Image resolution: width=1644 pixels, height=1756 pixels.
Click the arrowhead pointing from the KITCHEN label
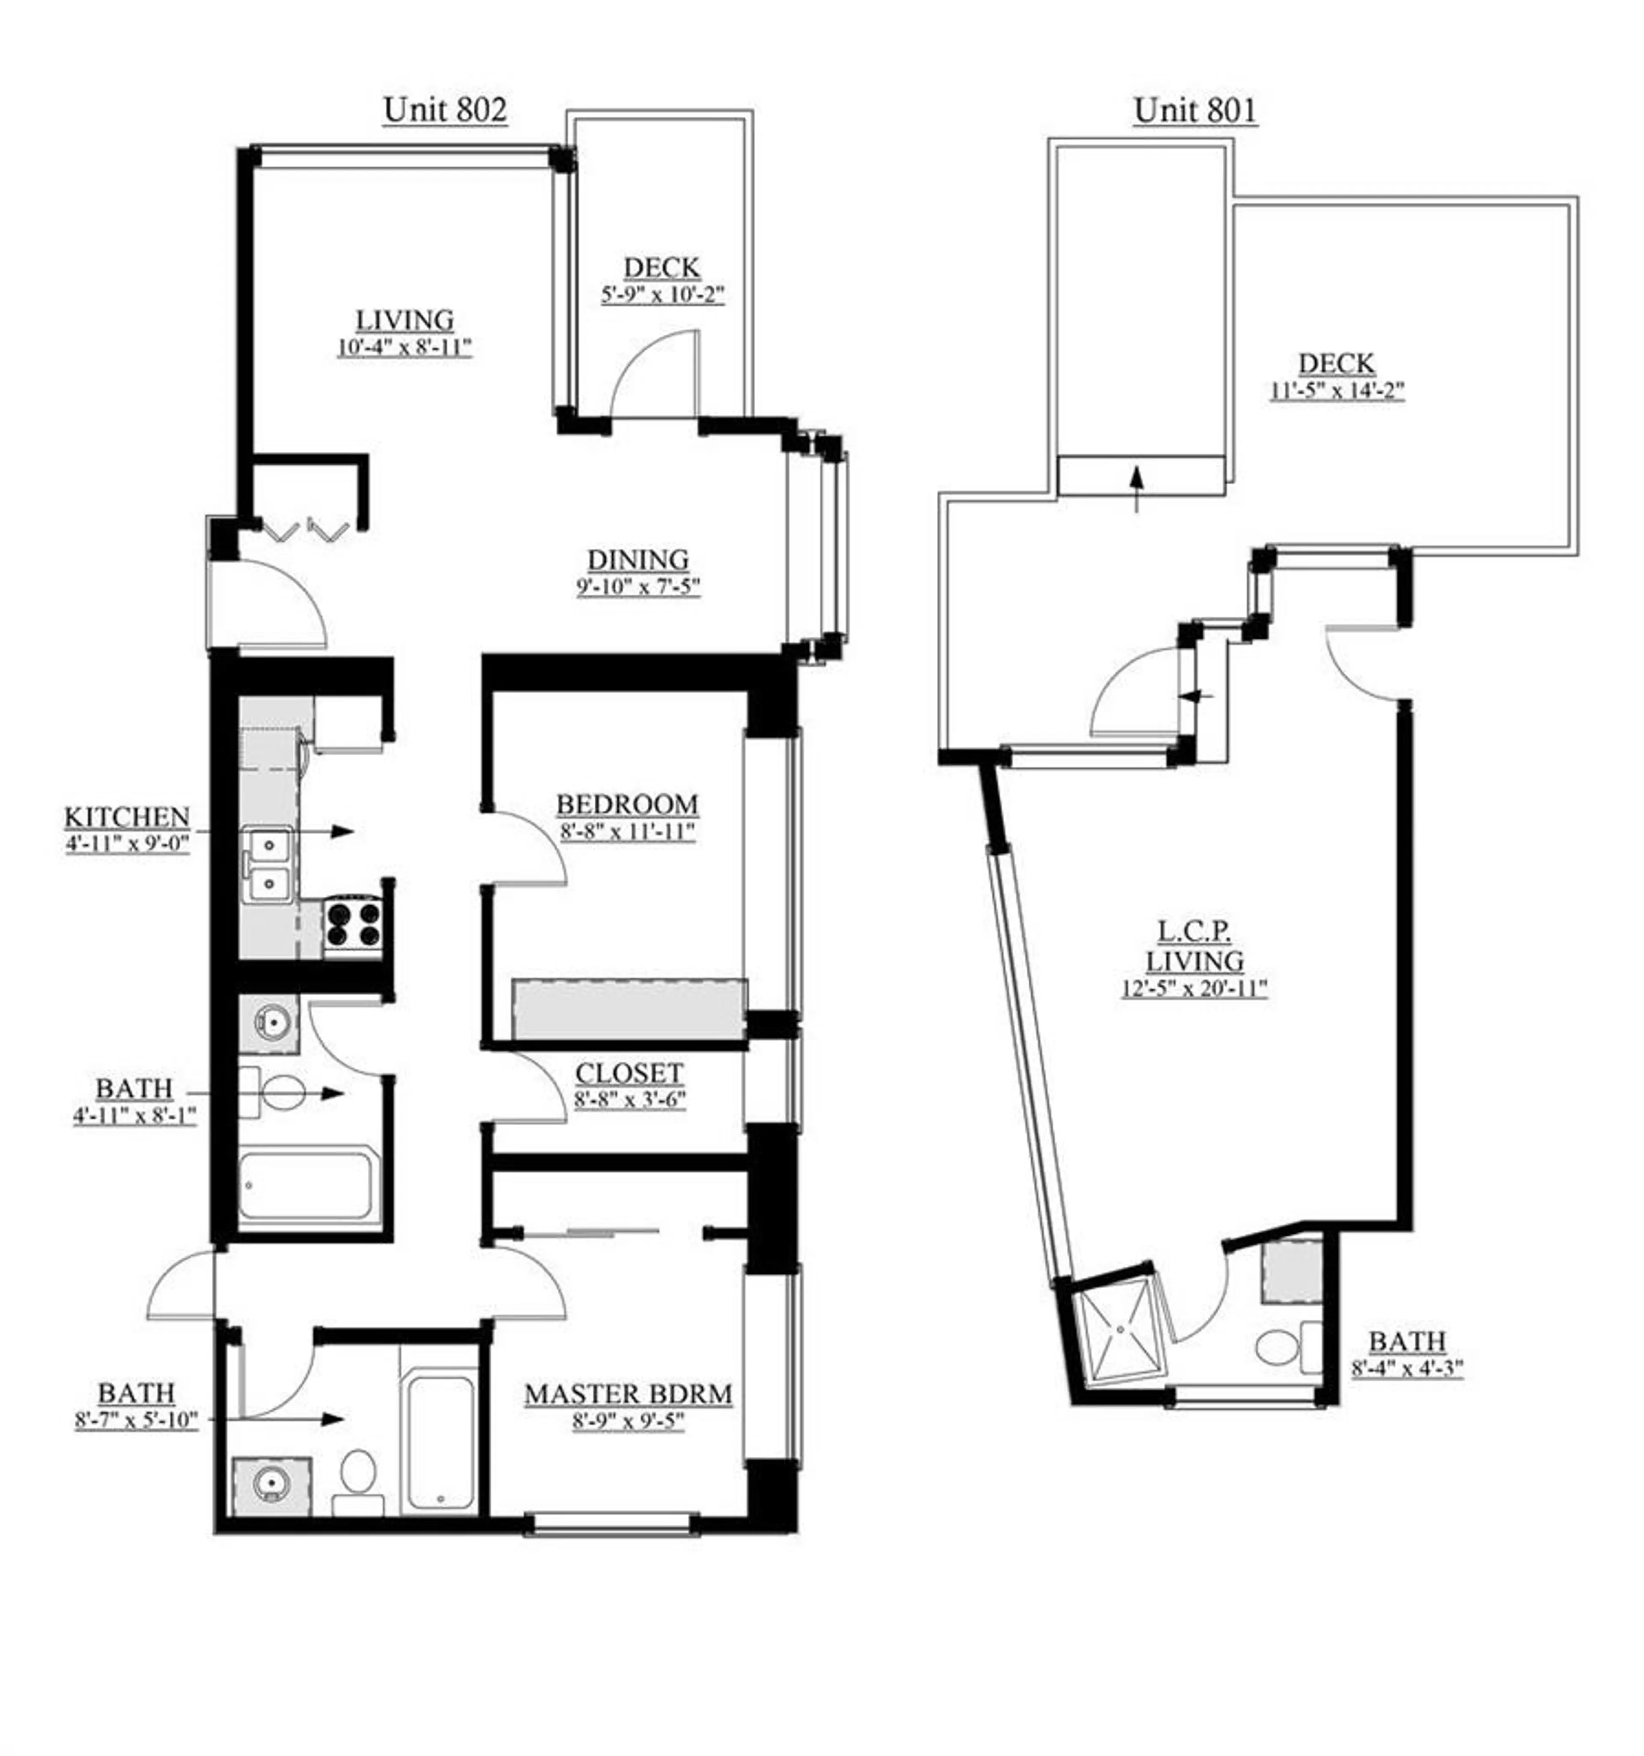click(x=343, y=831)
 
